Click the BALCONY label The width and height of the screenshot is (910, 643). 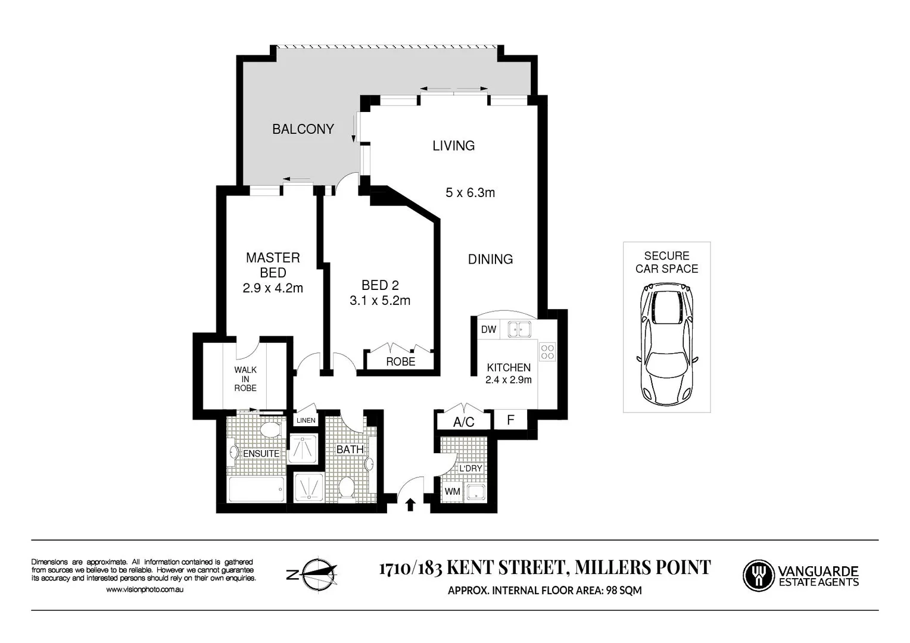tap(303, 129)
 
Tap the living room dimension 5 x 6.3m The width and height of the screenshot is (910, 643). tap(470, 193)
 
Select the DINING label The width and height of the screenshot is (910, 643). tap(490, 260)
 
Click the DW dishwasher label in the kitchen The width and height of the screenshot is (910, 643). tap(488, 330)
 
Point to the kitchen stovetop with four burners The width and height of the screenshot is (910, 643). tap(547, 352)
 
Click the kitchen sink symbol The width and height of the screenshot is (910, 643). tap(519, 329)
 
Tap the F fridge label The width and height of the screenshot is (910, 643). tap(510, 420)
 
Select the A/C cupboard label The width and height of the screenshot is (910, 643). tap(464, 422)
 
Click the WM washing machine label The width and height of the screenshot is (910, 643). tap(452, 492)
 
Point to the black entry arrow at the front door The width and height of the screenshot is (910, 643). tap(410, 505)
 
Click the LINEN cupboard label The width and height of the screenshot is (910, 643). tap(306, 420)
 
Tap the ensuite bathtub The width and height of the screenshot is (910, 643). tap(257, 489)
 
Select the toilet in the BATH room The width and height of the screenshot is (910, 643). tap(346, 488)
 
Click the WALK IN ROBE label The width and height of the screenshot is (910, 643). tap(245, 379)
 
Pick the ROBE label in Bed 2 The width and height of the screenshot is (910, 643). tap(400, 362)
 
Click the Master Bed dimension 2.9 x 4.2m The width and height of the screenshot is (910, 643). tap(273, 289)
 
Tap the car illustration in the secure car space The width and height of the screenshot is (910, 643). tap(666, 344)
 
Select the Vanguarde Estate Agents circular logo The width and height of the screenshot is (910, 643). tap(758, 576)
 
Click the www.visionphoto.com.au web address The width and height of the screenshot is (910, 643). tap(145, 589)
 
